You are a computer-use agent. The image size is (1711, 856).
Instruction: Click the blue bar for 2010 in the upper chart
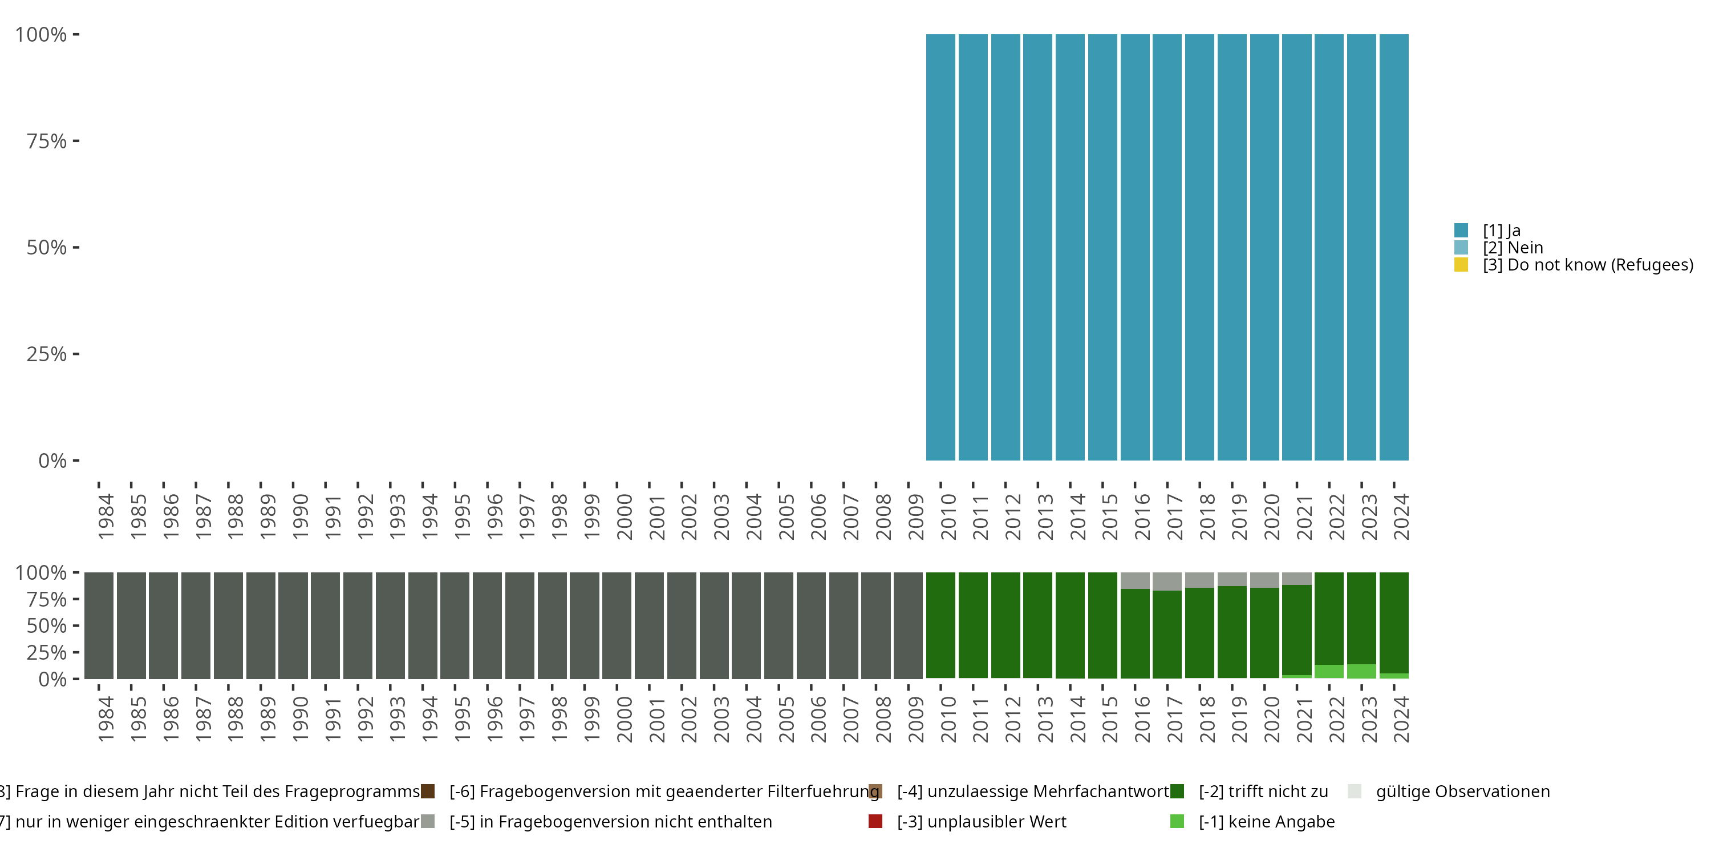(940, 247)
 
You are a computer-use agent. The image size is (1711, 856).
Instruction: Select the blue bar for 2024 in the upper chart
(1393, 247)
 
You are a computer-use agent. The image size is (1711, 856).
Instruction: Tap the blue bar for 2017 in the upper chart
(1167, 247)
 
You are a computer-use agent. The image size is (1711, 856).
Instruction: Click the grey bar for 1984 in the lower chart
(99, 625)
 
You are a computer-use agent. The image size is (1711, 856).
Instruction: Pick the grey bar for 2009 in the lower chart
(908, 625)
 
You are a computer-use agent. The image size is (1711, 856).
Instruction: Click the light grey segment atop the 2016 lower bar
(1134, 580)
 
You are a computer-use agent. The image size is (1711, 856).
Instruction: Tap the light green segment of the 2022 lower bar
(1329, 671)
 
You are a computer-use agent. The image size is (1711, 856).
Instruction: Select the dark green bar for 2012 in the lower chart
(1005, 625)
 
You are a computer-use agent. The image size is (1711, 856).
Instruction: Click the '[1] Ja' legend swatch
(1461, 231)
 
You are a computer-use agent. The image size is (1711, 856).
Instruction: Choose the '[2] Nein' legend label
(1513, 248)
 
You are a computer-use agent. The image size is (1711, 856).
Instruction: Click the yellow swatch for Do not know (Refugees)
(1461, 265)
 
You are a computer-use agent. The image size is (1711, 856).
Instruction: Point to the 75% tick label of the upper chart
(47, 141)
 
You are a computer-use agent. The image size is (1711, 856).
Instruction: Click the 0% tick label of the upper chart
(52, 461)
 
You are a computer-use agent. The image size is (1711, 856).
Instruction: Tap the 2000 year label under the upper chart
(625, 516)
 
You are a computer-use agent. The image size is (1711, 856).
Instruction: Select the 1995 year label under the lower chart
(463, 719)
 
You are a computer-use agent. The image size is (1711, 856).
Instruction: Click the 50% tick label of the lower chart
(47, 626)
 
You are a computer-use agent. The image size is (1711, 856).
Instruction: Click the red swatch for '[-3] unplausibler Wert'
(875, 821)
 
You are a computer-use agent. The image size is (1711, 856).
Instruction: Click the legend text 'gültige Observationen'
(1462, 792)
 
